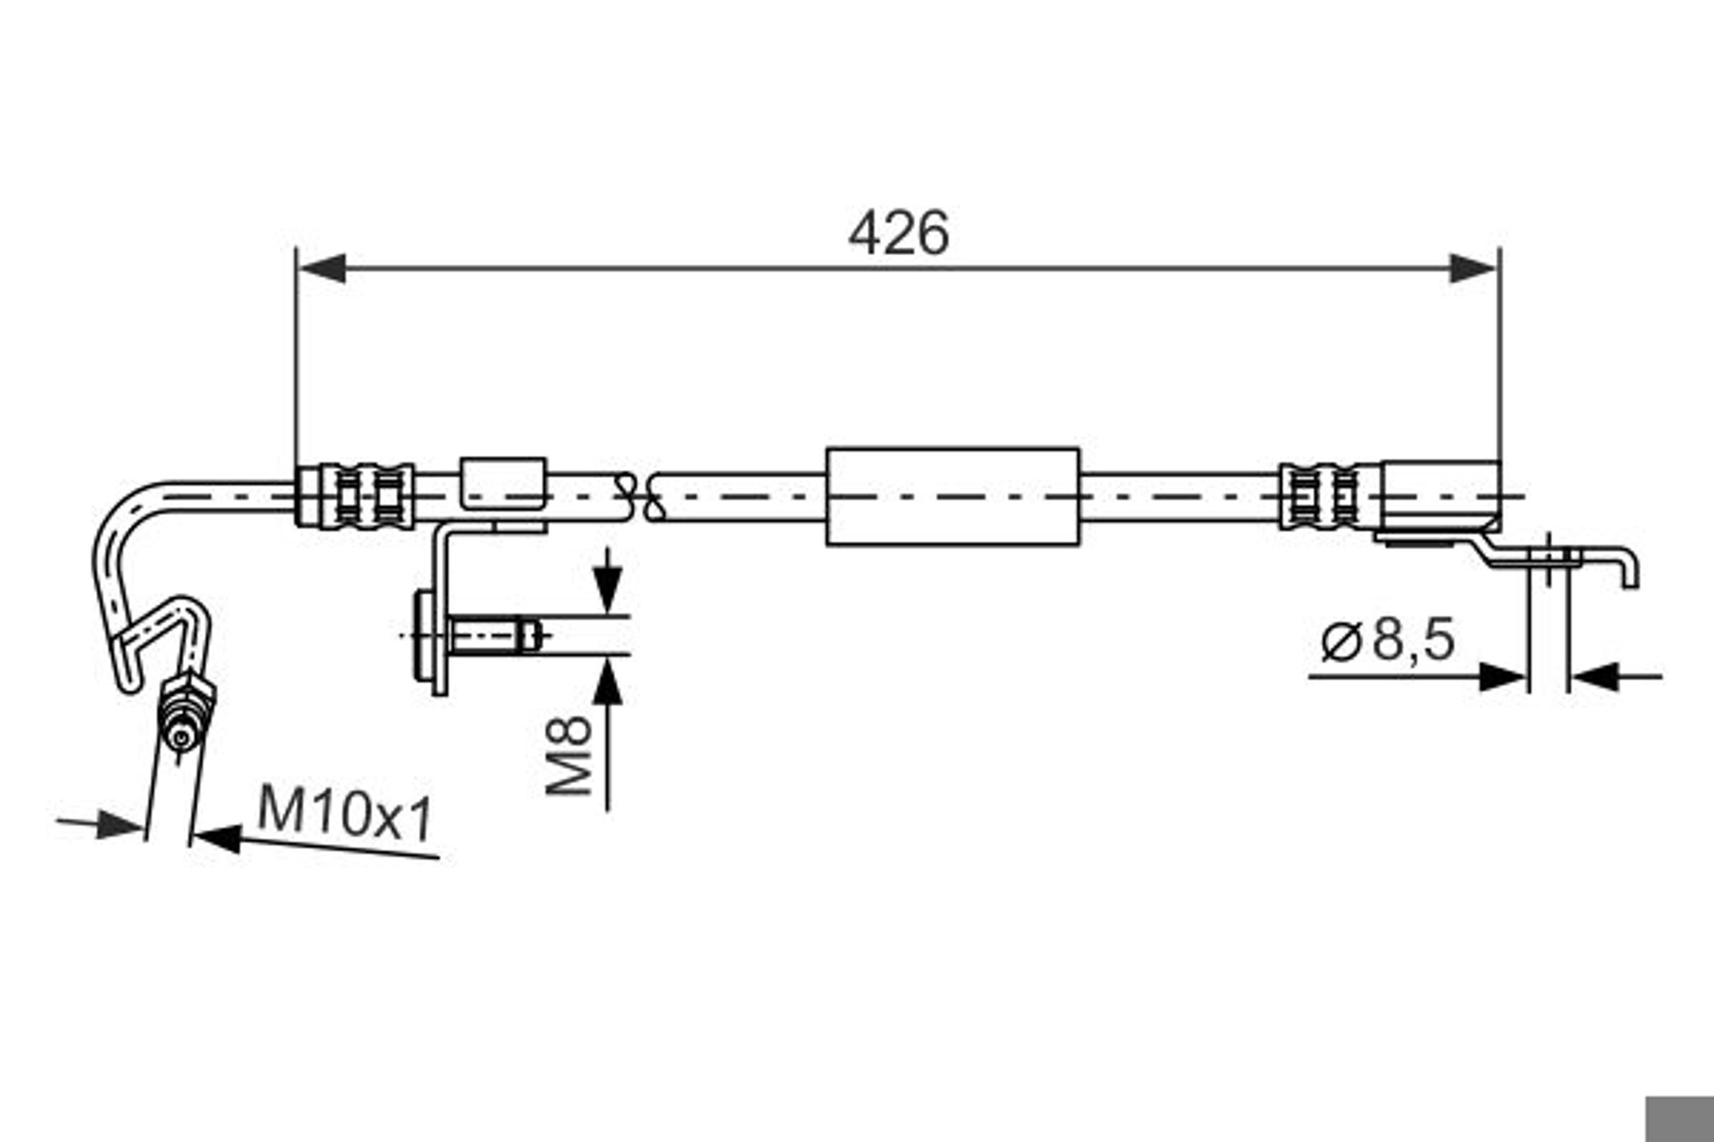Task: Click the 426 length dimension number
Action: (898, 233)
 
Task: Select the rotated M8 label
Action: (569, 755)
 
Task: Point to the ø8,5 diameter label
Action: (1388, 640)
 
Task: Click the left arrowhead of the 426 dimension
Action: (321, 269)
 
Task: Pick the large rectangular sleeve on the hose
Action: (953, 497)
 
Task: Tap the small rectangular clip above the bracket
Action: (503, 483)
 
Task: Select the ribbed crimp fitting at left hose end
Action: (355, 496)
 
